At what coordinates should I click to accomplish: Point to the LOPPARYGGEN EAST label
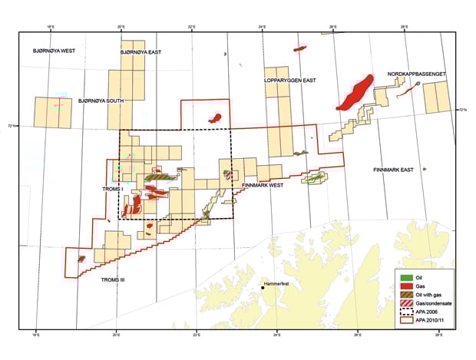[x=290, y=80]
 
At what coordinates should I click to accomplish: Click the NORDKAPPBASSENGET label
[x=417, y=74]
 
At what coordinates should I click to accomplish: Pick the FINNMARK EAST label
[x=393, y=169]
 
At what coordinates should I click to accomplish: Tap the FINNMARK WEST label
[x=263, y=186]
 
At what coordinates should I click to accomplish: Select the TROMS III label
[x=112, y=279]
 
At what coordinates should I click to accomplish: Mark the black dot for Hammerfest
[x=263, y=289]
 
